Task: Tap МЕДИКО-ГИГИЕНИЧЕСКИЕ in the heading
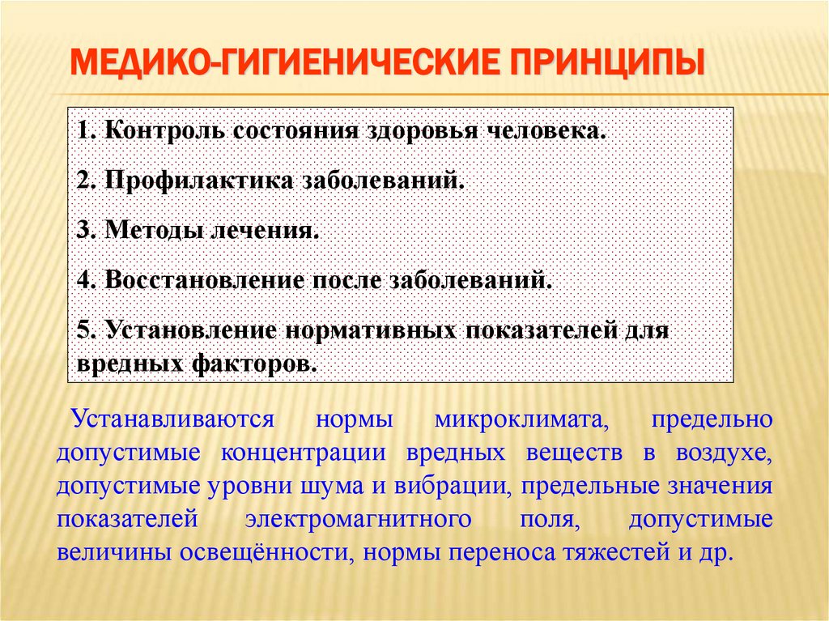pyautogui.click(x=276, y=64)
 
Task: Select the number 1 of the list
pyautogui.click(x=83, y=130)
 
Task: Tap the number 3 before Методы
pyautogui.click(x=84, y=231)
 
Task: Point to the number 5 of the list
pyautogui.click(x=84, y=331)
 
